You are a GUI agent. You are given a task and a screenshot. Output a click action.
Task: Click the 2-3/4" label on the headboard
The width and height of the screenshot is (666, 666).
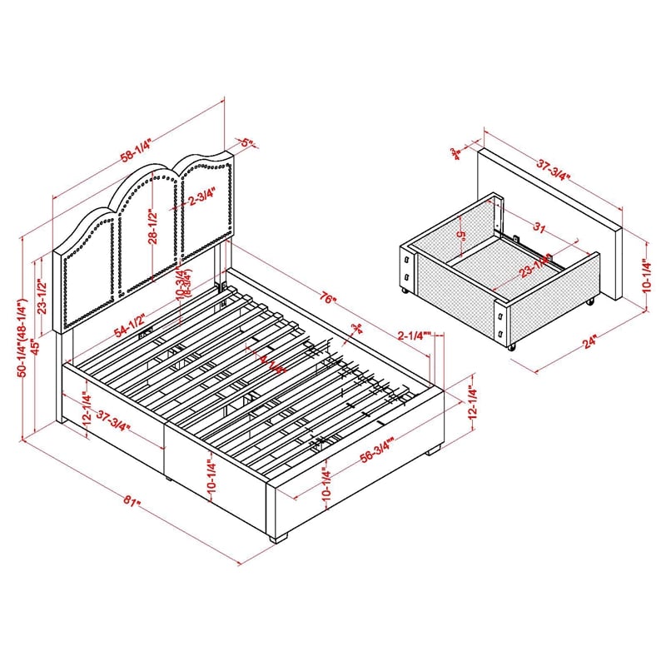pyautogui.click(x=201, y=199)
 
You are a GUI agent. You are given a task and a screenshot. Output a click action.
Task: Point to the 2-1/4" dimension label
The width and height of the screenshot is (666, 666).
pyautogui.click(x=414, y=336)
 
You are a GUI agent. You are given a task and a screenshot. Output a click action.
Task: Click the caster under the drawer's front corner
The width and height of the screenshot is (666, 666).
pyautogui.click(x=510, y=345)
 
